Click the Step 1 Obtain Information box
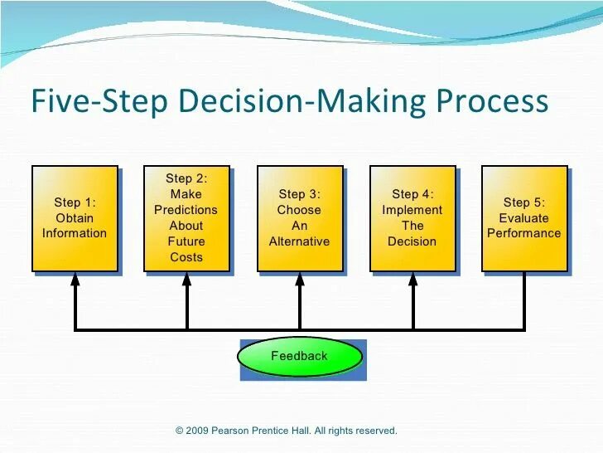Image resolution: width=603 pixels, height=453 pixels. point(75,218)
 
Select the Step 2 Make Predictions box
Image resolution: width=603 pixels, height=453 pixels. point(186,218)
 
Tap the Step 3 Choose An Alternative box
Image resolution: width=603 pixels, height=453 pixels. point(299,218)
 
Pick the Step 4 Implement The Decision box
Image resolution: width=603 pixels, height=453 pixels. point(412,218)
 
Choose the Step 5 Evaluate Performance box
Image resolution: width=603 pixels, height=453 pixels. point(523,218)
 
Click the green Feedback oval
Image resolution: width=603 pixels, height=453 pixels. point(300,357)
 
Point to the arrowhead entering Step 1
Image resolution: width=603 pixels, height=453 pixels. point(75,280)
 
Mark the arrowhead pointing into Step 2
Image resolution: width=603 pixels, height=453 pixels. point(187,280)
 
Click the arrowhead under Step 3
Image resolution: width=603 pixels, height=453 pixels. point(300,280)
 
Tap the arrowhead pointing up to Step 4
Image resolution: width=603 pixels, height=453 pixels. point(412,280)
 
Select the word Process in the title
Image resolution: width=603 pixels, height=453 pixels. point(492,102)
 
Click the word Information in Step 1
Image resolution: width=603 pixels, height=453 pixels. point(75,233)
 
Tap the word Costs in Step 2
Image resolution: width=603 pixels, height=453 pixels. point(186,257)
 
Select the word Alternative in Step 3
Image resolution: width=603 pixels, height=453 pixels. point(299,241)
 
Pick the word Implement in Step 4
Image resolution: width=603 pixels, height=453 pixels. point(412,210)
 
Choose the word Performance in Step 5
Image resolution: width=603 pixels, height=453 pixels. point(523,233)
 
